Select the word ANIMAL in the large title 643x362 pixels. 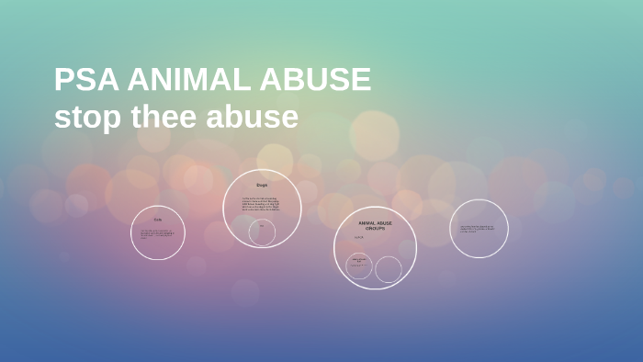185,81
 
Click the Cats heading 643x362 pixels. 157,220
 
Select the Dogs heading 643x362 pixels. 262,186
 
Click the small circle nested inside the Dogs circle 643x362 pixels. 262,232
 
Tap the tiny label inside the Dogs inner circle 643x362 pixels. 262,225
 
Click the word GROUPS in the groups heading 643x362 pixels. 375,228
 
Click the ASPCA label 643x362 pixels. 359,238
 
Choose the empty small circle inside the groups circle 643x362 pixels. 389,269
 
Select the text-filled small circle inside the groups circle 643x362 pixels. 360,266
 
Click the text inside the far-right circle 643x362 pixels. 478,228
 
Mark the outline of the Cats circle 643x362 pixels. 131,232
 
